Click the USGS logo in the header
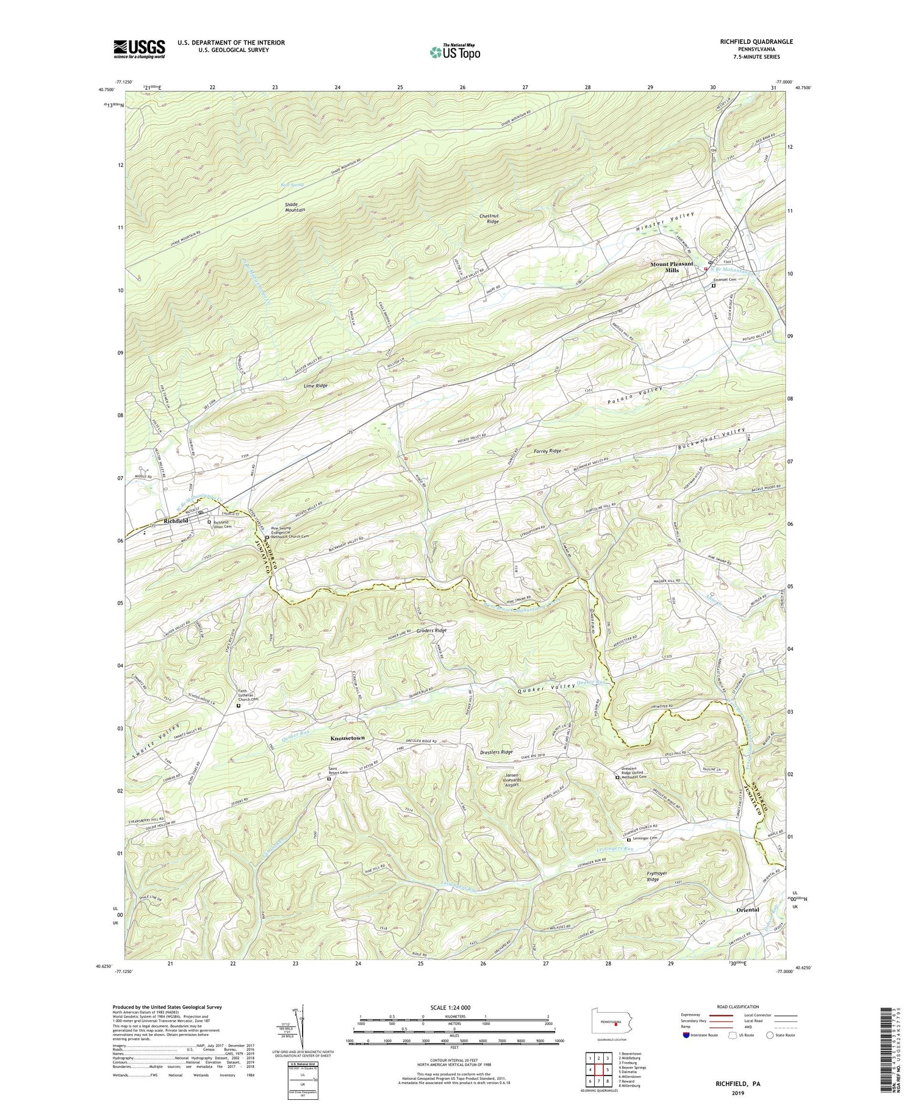[138, 48]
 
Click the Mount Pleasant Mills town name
[672, 267]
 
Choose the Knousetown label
[347, 738]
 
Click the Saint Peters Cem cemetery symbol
[329, 779]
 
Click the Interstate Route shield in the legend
[686, 1035]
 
